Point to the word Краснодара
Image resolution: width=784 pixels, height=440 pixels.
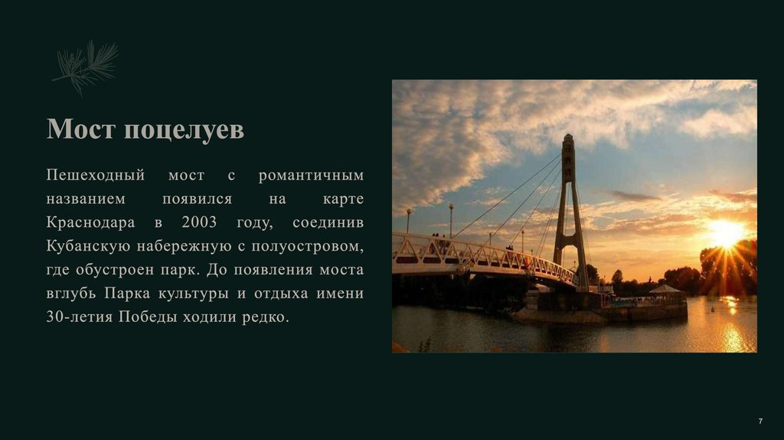coord(90,223)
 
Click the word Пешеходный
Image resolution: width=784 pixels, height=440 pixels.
coord(95,176)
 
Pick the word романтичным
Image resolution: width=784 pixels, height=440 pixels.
coord(311,176)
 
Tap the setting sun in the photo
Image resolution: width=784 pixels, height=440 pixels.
coord(725,233)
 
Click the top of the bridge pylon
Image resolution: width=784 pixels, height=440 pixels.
coord(567,140)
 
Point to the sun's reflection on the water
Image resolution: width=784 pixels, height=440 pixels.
coord(731,330)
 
